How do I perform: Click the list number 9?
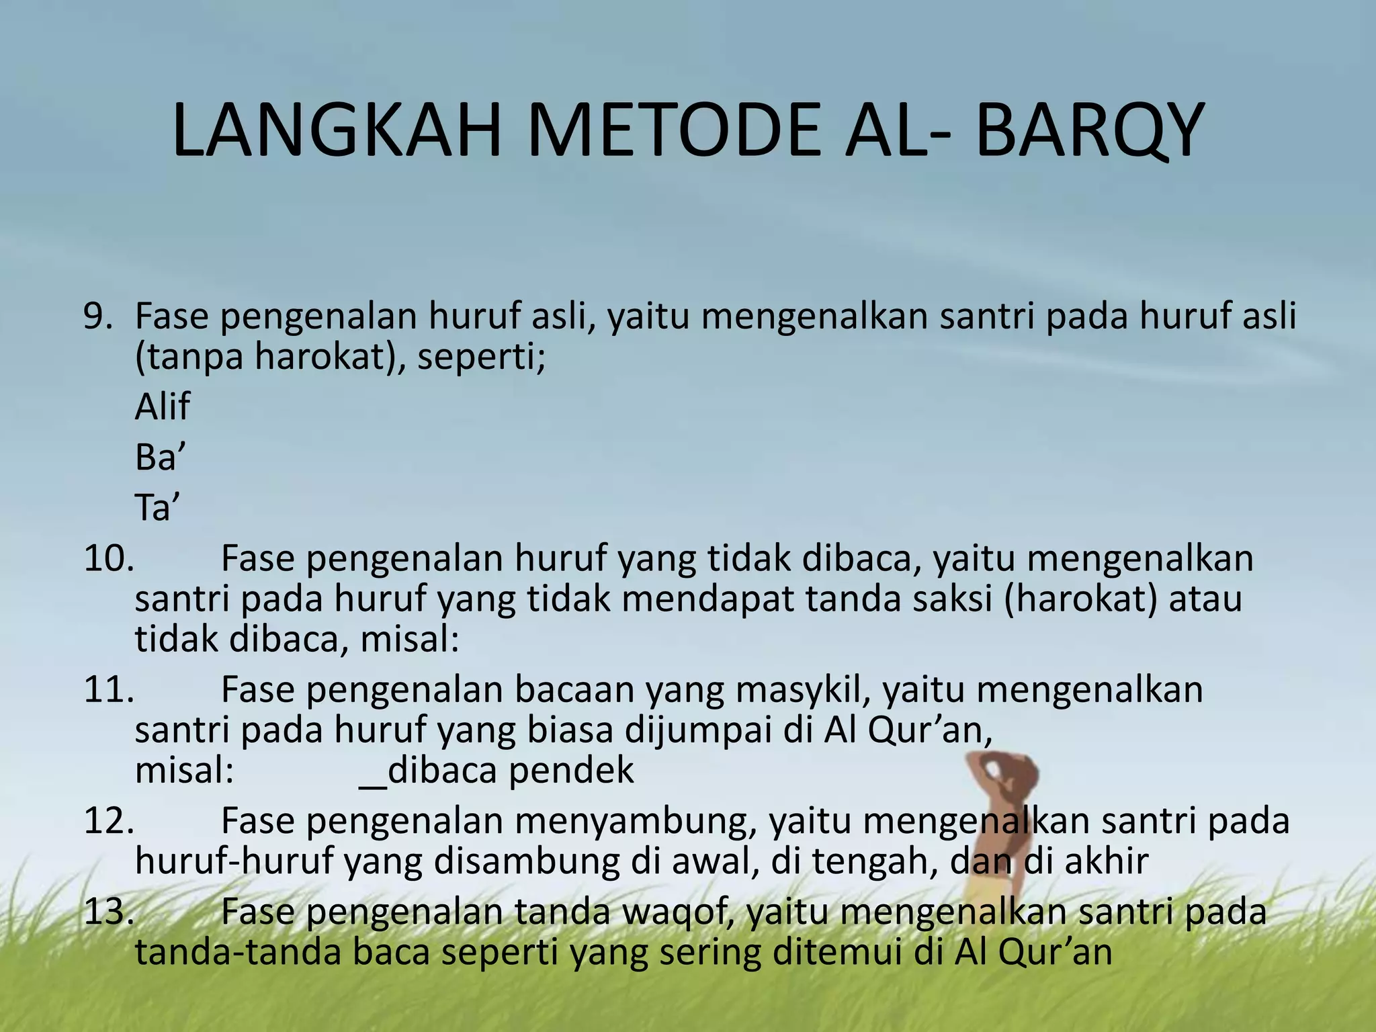click(x=98, y=316)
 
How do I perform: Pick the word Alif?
click(x=163, y=406)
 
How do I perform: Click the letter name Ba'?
click(x=160, y=458)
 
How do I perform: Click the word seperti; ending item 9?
click(x=481, y=357)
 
